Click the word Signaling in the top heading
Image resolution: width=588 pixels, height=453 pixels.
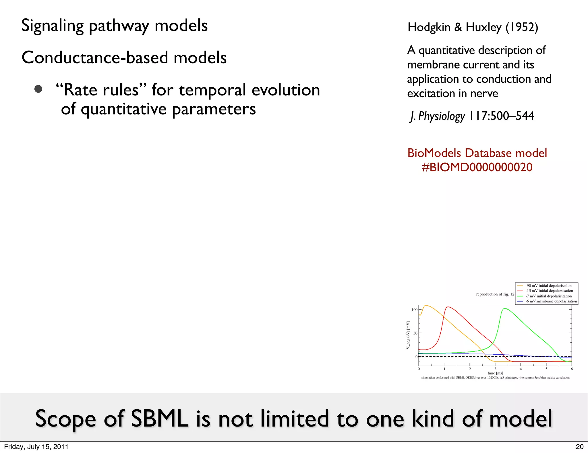tap(52, 26)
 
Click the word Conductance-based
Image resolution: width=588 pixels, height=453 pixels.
tap(95, 57)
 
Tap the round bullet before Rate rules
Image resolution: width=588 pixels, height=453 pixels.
tap(38, 89)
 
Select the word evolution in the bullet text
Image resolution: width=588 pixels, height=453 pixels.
tap(286, 90)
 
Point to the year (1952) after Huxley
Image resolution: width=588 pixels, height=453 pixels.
tap(522, 27)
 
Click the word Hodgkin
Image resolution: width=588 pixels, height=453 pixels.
tap(429, 27)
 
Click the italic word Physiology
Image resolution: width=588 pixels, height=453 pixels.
tap(442, 116)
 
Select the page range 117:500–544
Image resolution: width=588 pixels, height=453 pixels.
tap(502, 116)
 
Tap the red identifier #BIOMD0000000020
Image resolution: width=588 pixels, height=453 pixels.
tap(477, 167)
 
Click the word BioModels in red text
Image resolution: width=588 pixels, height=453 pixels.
tap(435, 153)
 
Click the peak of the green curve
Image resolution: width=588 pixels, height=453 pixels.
tap(505, 308)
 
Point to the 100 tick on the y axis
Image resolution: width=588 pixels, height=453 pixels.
tap(415, 310)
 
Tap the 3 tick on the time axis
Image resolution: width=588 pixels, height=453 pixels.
tap(495, 369)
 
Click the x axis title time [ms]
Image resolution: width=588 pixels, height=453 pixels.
tap(495, 373)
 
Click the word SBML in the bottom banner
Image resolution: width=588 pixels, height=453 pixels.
tap(160, 419)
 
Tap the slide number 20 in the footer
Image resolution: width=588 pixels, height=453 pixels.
tap(579, 447)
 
